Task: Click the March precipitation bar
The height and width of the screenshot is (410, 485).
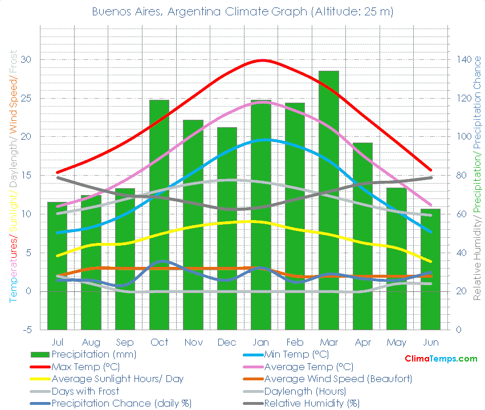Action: [x=329, y=200]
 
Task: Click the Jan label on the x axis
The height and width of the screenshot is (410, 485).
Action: [x=261, y=342]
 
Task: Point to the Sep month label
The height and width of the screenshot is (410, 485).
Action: [x=125, y=342]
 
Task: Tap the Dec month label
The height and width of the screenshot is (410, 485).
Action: [x=227, y=342]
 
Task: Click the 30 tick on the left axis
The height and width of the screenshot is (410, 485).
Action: [x=27, y=60]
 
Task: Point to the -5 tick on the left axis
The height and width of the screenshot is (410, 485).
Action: [x=27, y=330]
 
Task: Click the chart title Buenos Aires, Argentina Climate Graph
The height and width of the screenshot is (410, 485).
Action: [x=242, y=11]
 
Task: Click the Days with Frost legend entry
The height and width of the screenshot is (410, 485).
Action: [x=85, y=391]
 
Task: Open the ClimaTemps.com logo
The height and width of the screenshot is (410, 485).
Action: [x=441, y=359]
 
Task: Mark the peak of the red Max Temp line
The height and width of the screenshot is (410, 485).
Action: [x=262, y=60]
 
